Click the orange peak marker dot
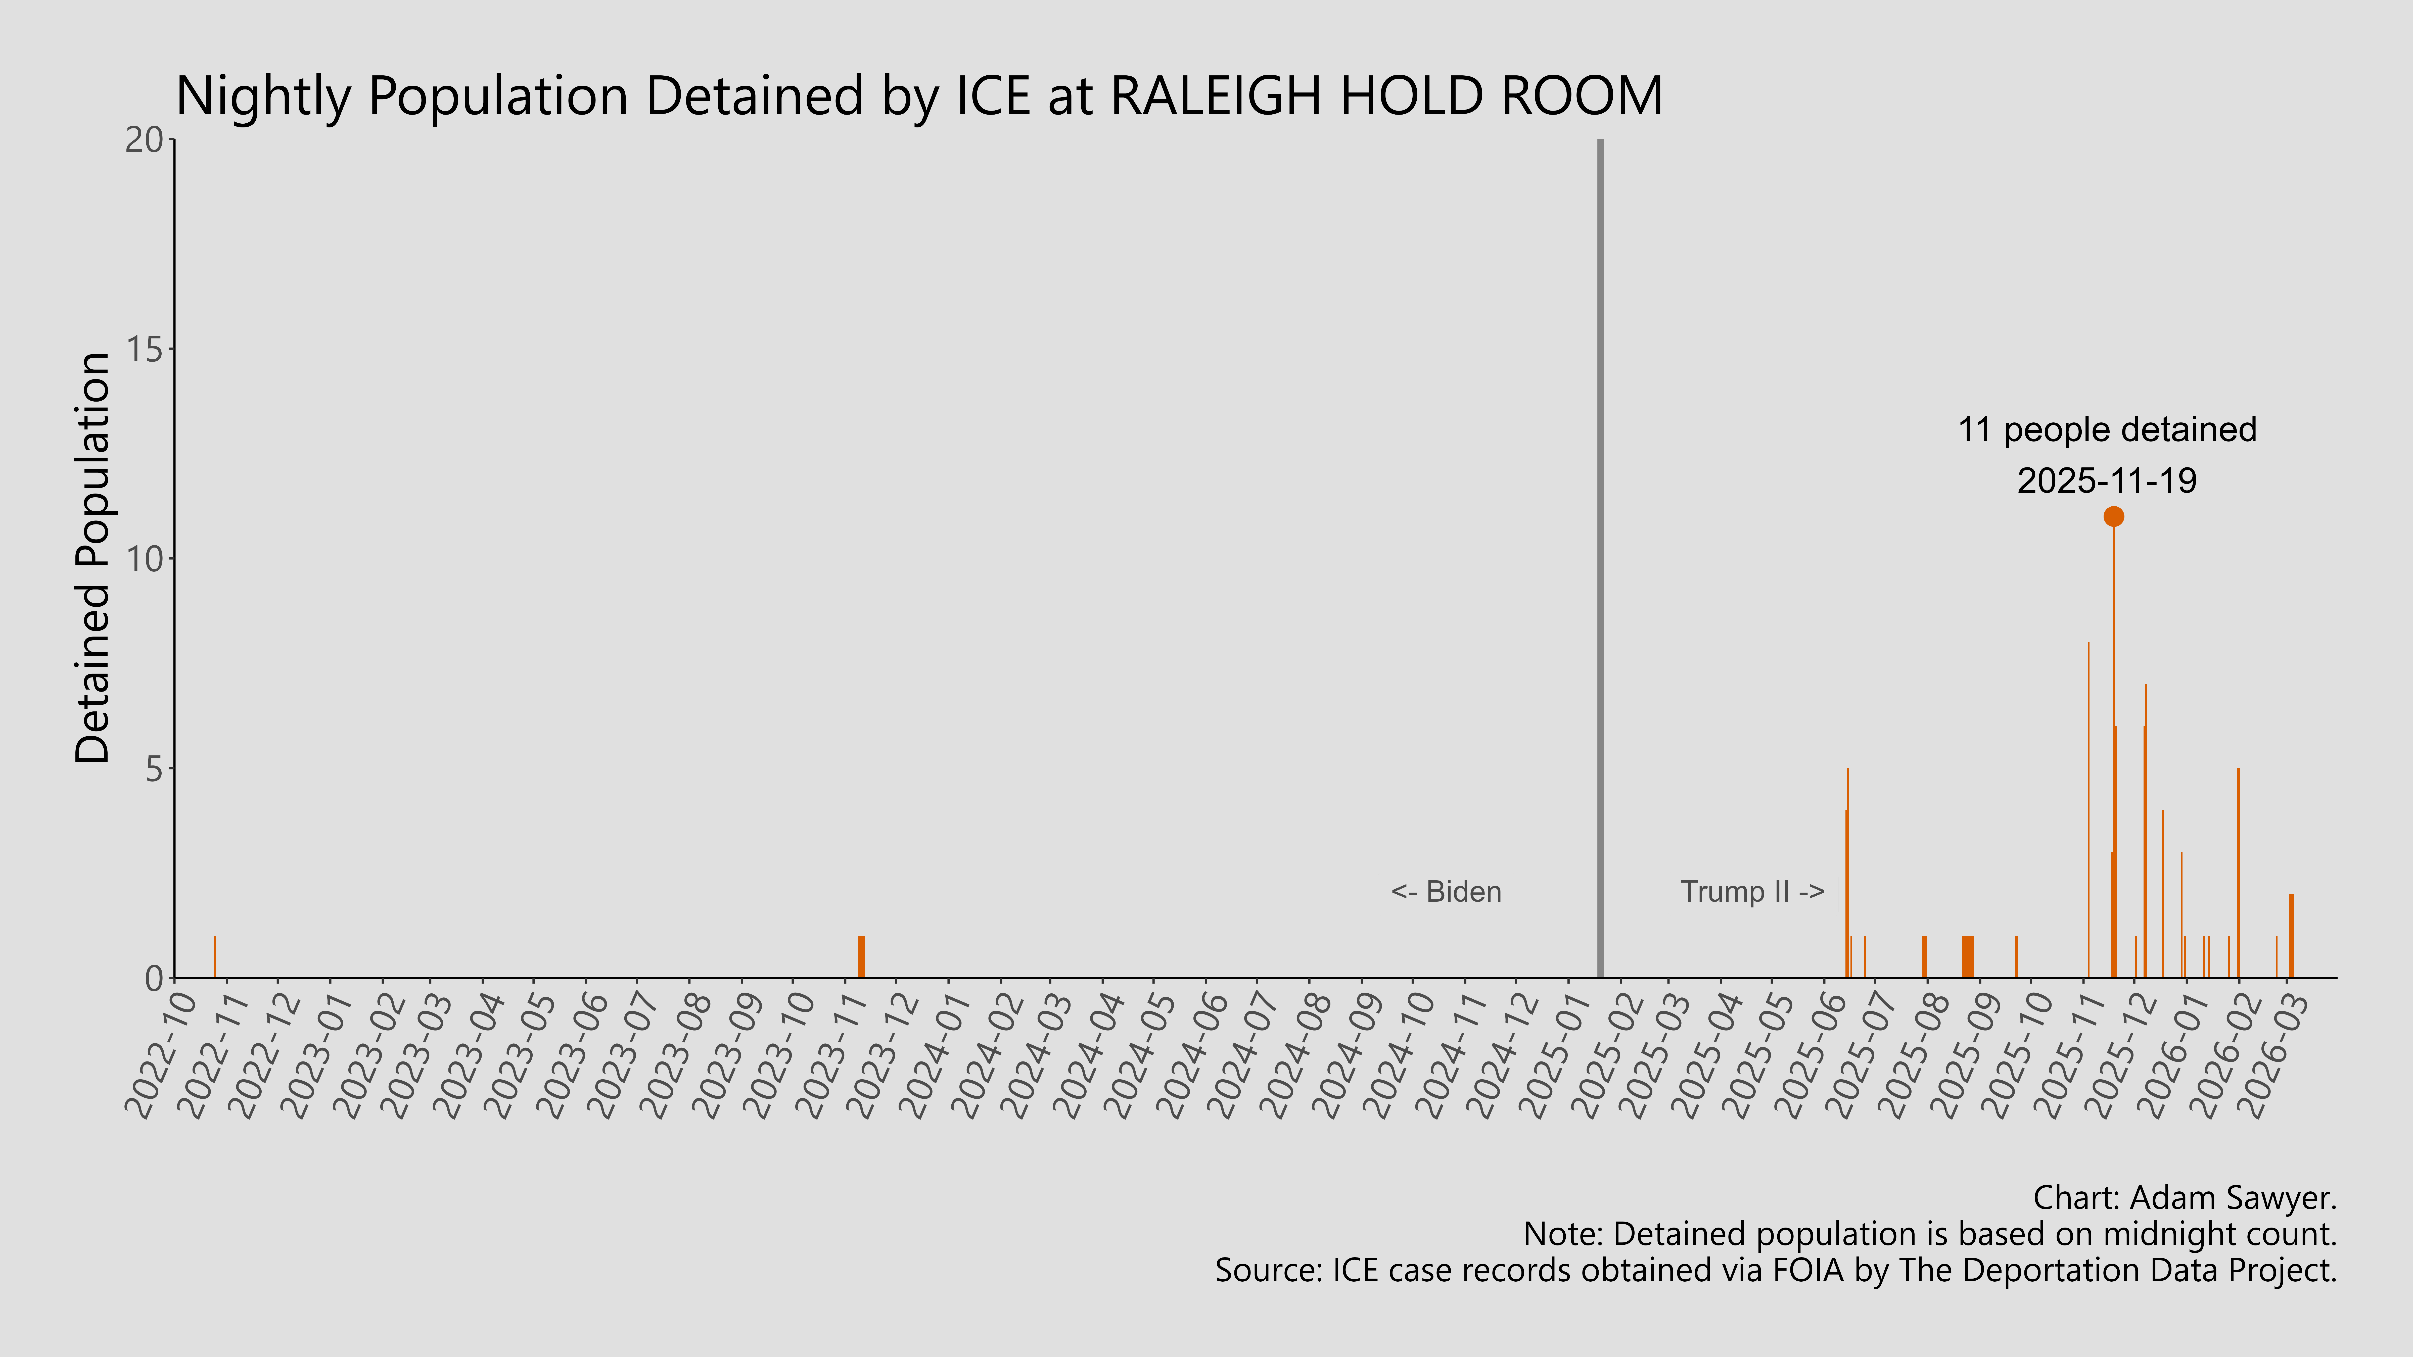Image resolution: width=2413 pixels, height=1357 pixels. (2113, 516)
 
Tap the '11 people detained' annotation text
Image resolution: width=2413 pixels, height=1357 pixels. (2107, 430)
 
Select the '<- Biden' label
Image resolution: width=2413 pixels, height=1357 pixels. (1446, 892)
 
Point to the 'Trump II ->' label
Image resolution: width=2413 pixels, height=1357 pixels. (1752, 892)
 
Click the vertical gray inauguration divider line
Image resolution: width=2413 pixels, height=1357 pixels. (1600, 562)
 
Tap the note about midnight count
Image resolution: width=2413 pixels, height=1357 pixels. (1930, 1234)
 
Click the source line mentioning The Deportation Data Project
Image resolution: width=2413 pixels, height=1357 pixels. (1775, 1271)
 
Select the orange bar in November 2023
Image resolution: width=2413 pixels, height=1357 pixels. (861, 957)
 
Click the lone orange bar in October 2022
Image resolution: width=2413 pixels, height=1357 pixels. (214, 957)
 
